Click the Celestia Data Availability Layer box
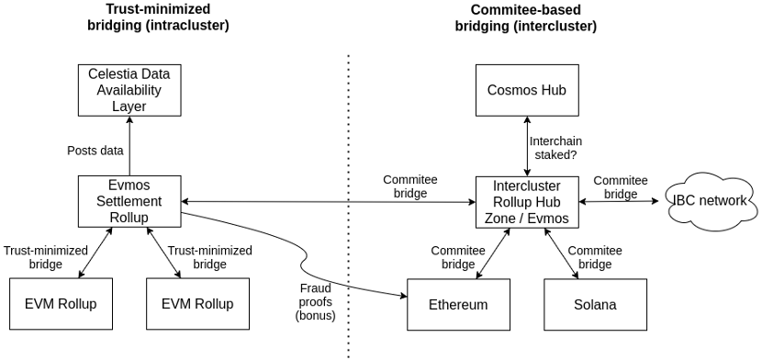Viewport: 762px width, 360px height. click(x=129, y=90)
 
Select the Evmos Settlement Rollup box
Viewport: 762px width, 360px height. click(x=129, y=202)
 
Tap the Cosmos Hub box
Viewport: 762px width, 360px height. click(x=527, y=90)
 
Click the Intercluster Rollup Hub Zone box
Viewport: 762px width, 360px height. click(x=527, y=202)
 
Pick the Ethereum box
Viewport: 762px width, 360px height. click(x=458, y=305)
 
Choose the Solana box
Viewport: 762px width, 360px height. click(x=595, y=305)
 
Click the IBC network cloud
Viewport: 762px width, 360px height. click(x=710, y=200)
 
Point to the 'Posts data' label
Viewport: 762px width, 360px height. click(x=95, y=151)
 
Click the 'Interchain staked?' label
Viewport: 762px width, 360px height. click(x=555, y=148)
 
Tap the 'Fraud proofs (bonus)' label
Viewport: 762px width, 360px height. click(x=315, y=302)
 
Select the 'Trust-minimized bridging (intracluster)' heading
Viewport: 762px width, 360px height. click(x=158, y=17)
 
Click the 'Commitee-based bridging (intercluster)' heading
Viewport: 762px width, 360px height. click(x=525, y=17)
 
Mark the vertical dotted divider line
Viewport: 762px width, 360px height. click(x=349, y=207)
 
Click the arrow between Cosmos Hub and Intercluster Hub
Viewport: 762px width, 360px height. click(x=527, y=146)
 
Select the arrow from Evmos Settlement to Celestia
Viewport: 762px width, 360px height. click(x=129, y=146)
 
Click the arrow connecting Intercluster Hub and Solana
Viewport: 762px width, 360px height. click(x=561, y=253)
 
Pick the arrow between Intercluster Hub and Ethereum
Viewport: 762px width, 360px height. click(x=493, y=253)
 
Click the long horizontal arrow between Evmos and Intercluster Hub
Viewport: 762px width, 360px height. click(x=328, y=202)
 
